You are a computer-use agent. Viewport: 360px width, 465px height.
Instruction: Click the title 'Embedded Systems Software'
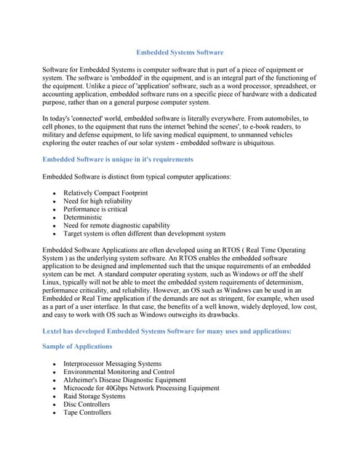point(180,52)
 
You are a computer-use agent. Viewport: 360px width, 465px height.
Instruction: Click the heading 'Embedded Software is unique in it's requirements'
point(118,159)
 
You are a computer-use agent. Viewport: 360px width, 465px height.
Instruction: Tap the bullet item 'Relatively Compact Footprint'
point(105,193)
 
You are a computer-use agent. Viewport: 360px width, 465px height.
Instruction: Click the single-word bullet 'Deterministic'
point(82,217)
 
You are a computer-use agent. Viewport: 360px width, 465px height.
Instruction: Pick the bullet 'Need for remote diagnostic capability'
point(116,226)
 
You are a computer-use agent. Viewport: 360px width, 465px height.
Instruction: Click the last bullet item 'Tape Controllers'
point(87,413)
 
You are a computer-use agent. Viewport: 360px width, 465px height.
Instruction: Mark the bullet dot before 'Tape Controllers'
point(54,413)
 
